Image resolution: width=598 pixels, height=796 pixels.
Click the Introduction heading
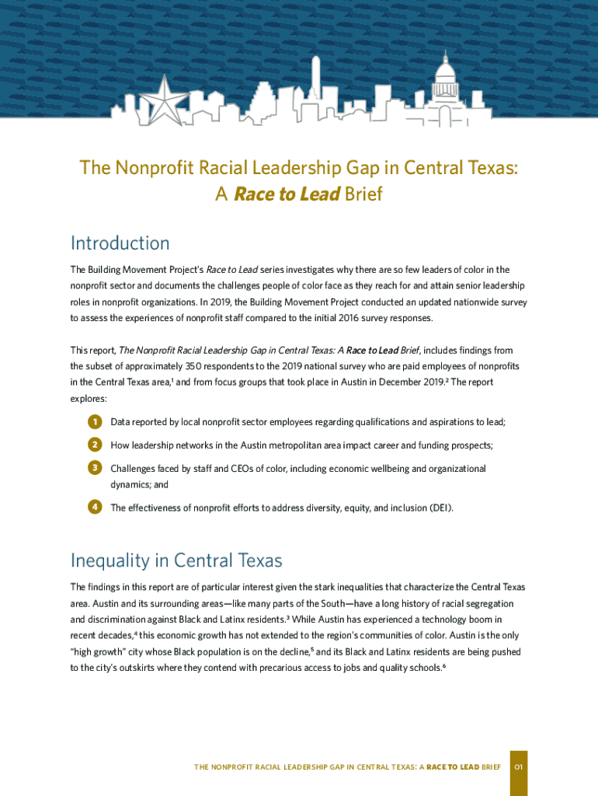pos(120,243)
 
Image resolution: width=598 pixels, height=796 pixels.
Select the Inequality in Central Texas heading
pos(176,560)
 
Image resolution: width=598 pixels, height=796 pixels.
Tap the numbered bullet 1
pos(95,422)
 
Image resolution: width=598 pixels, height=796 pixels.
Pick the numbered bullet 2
pos(95,445)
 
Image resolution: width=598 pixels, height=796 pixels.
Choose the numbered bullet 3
pos(95,468)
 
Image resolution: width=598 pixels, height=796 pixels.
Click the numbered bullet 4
pos(95,507)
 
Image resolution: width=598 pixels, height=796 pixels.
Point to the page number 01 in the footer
pos(519,767)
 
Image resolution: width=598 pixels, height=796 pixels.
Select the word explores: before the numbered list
pos(89,398)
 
